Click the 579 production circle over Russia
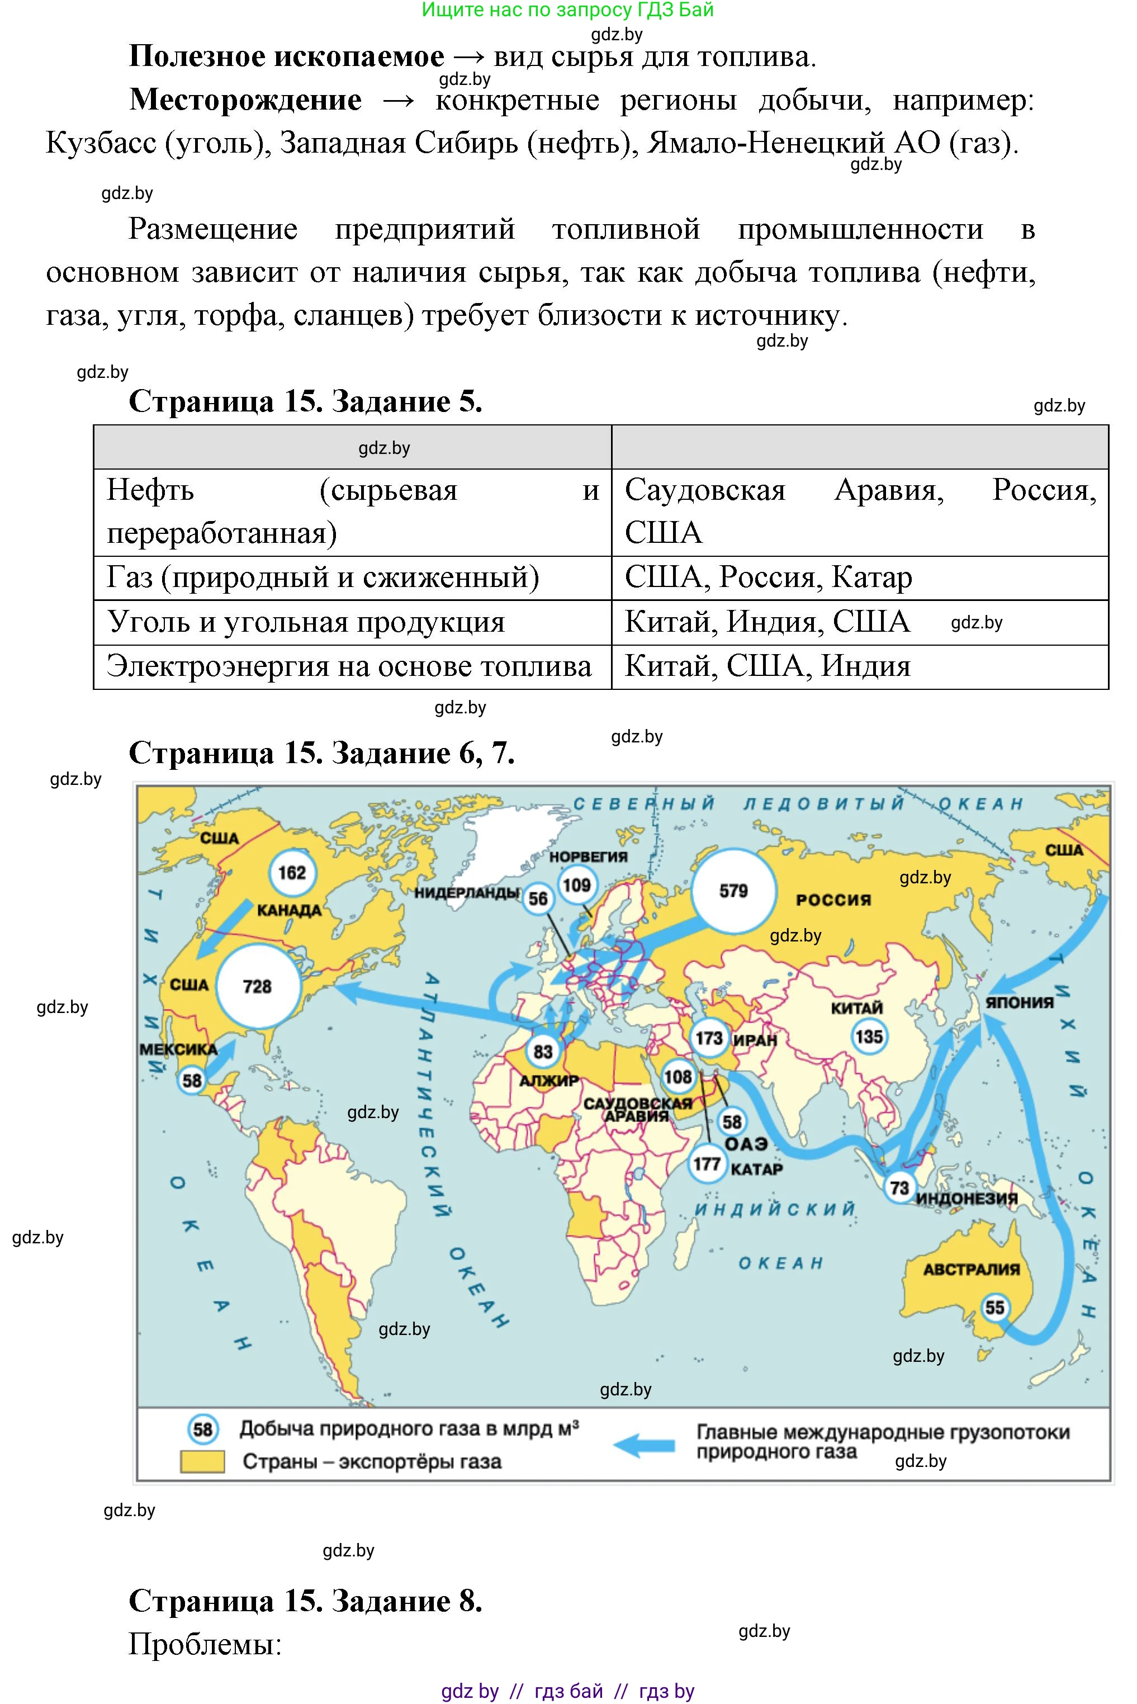click(x=733, y=891)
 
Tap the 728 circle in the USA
click(x=258, y=986)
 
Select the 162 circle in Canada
click(x=292, y=872)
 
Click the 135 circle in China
click(x=869, y=1036)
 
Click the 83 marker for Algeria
click(x=543, y=1052)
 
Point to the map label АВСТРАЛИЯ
click(x=971, y=1269)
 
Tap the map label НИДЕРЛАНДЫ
click(x=466, y=893)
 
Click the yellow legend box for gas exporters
click(x=202, y=1461)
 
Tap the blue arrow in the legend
click(x=644, y=1445)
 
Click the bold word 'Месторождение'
click(x=245, y=100)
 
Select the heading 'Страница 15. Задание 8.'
click(x=305, y=1601)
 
